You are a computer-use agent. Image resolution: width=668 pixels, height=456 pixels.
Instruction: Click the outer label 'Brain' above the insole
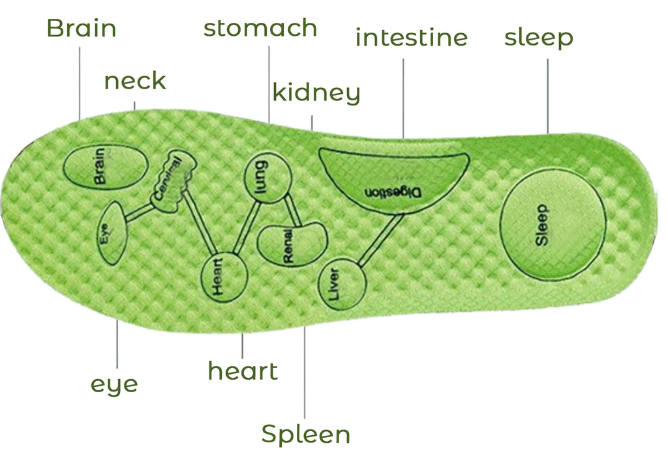[x=82, y=28]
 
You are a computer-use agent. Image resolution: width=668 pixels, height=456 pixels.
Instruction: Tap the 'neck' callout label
[x=135, y=81]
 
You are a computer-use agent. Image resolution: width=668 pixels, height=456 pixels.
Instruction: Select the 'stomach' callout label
[x=260, y=28]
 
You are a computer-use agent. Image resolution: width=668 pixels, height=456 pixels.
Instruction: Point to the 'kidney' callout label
[x=316, y=93]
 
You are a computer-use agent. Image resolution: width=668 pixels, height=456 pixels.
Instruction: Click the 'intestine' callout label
[x=412, y=37]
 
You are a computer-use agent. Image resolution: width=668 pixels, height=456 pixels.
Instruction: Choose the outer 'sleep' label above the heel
[x=539, y=38]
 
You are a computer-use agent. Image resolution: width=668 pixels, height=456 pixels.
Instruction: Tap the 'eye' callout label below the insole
[x=114, y=385]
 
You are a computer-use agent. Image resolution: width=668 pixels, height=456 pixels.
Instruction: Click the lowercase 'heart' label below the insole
[x=243, y=371]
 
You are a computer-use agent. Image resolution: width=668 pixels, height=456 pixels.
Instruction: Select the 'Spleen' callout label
[x=306, y=435]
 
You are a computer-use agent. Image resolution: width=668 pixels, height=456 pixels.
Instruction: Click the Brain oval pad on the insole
[x=106, y=166]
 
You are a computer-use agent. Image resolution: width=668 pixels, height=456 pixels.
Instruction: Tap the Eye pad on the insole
[x=112, y=233]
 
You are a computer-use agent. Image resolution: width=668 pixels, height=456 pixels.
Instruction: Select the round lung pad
[x=268, y=178]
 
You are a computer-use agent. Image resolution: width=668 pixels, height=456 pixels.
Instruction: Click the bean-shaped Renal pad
[x=292, y=244]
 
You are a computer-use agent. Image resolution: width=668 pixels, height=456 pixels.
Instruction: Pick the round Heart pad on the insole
[x=224, y=277]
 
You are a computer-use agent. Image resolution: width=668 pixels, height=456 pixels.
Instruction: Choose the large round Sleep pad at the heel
[x=553, y=224]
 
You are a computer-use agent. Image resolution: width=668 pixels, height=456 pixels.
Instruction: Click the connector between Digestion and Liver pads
[x=380, y=240]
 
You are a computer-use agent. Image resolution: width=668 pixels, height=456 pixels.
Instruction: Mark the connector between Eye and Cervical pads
[x=140, y=212]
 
